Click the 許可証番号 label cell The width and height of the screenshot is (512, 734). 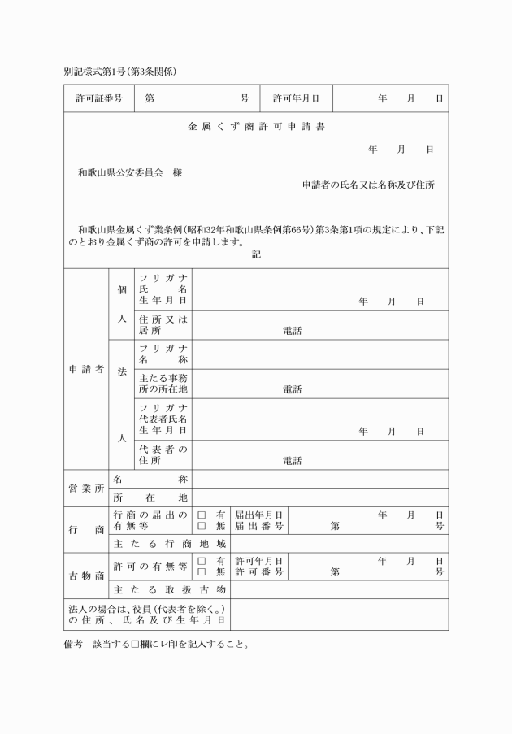pos(99,99)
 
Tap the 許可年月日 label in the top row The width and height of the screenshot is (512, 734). pos(296,99)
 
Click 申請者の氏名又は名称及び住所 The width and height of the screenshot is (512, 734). pos(368,185)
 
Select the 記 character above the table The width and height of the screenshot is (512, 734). pos(256,254)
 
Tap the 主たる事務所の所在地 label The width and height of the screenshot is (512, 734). pos(163,384)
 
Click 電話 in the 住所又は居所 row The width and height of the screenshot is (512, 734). pos(292,331)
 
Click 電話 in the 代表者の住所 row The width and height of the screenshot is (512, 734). pos(292,461)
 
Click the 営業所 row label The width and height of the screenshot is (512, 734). pos(86,489)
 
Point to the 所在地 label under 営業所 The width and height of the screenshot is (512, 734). pos(150,497)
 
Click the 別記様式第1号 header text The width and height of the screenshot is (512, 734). pos(120,72)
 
